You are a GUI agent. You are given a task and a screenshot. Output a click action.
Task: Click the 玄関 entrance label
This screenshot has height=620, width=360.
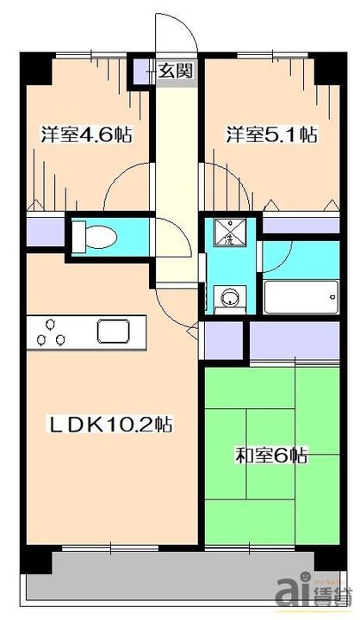(174, 71)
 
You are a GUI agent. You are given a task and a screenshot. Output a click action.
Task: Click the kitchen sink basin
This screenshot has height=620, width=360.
(113, 331)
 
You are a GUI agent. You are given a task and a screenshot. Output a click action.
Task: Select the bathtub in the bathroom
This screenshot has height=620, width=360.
(298, 298)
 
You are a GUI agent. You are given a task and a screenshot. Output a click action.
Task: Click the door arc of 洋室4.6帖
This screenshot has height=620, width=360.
(129, 185)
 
